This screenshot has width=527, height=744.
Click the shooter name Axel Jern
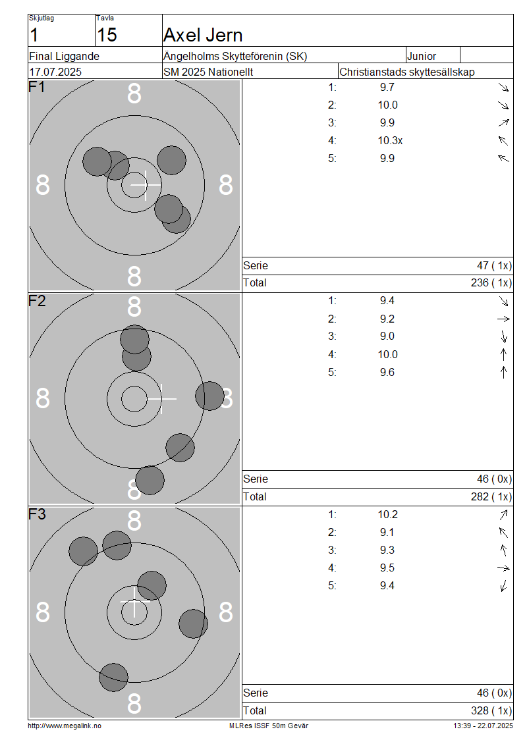tap(203, 35)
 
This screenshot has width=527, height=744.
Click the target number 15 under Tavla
tap(107, 35)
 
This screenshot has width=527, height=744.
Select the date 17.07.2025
tap(55, 72)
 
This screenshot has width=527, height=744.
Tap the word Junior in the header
tap(421, 56)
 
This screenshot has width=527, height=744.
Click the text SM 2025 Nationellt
tap(208, 72)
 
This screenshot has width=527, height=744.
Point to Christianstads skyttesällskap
tap(407, 72)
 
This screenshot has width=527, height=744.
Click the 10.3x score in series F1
tap(390, 140)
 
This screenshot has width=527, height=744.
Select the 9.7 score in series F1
tap(387, 88)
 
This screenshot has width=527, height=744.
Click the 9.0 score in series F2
tap(387, 336)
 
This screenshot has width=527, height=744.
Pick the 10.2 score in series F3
tap(388, 515)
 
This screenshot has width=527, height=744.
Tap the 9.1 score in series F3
tap(387, 533)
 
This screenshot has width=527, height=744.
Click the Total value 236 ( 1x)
tap(491, 283)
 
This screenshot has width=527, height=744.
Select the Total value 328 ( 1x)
tap(491, 711)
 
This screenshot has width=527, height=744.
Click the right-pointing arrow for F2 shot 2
tap(503, 319)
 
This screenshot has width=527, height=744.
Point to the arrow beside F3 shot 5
tap(504, 586)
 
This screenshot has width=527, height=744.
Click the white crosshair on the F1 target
tap(146, 184)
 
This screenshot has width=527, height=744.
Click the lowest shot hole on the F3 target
tap(113, 677)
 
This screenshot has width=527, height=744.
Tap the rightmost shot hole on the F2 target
tap(210, 396)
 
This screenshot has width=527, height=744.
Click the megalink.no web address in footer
tap(65, 726)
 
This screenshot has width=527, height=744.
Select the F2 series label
tap(37, 302)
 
